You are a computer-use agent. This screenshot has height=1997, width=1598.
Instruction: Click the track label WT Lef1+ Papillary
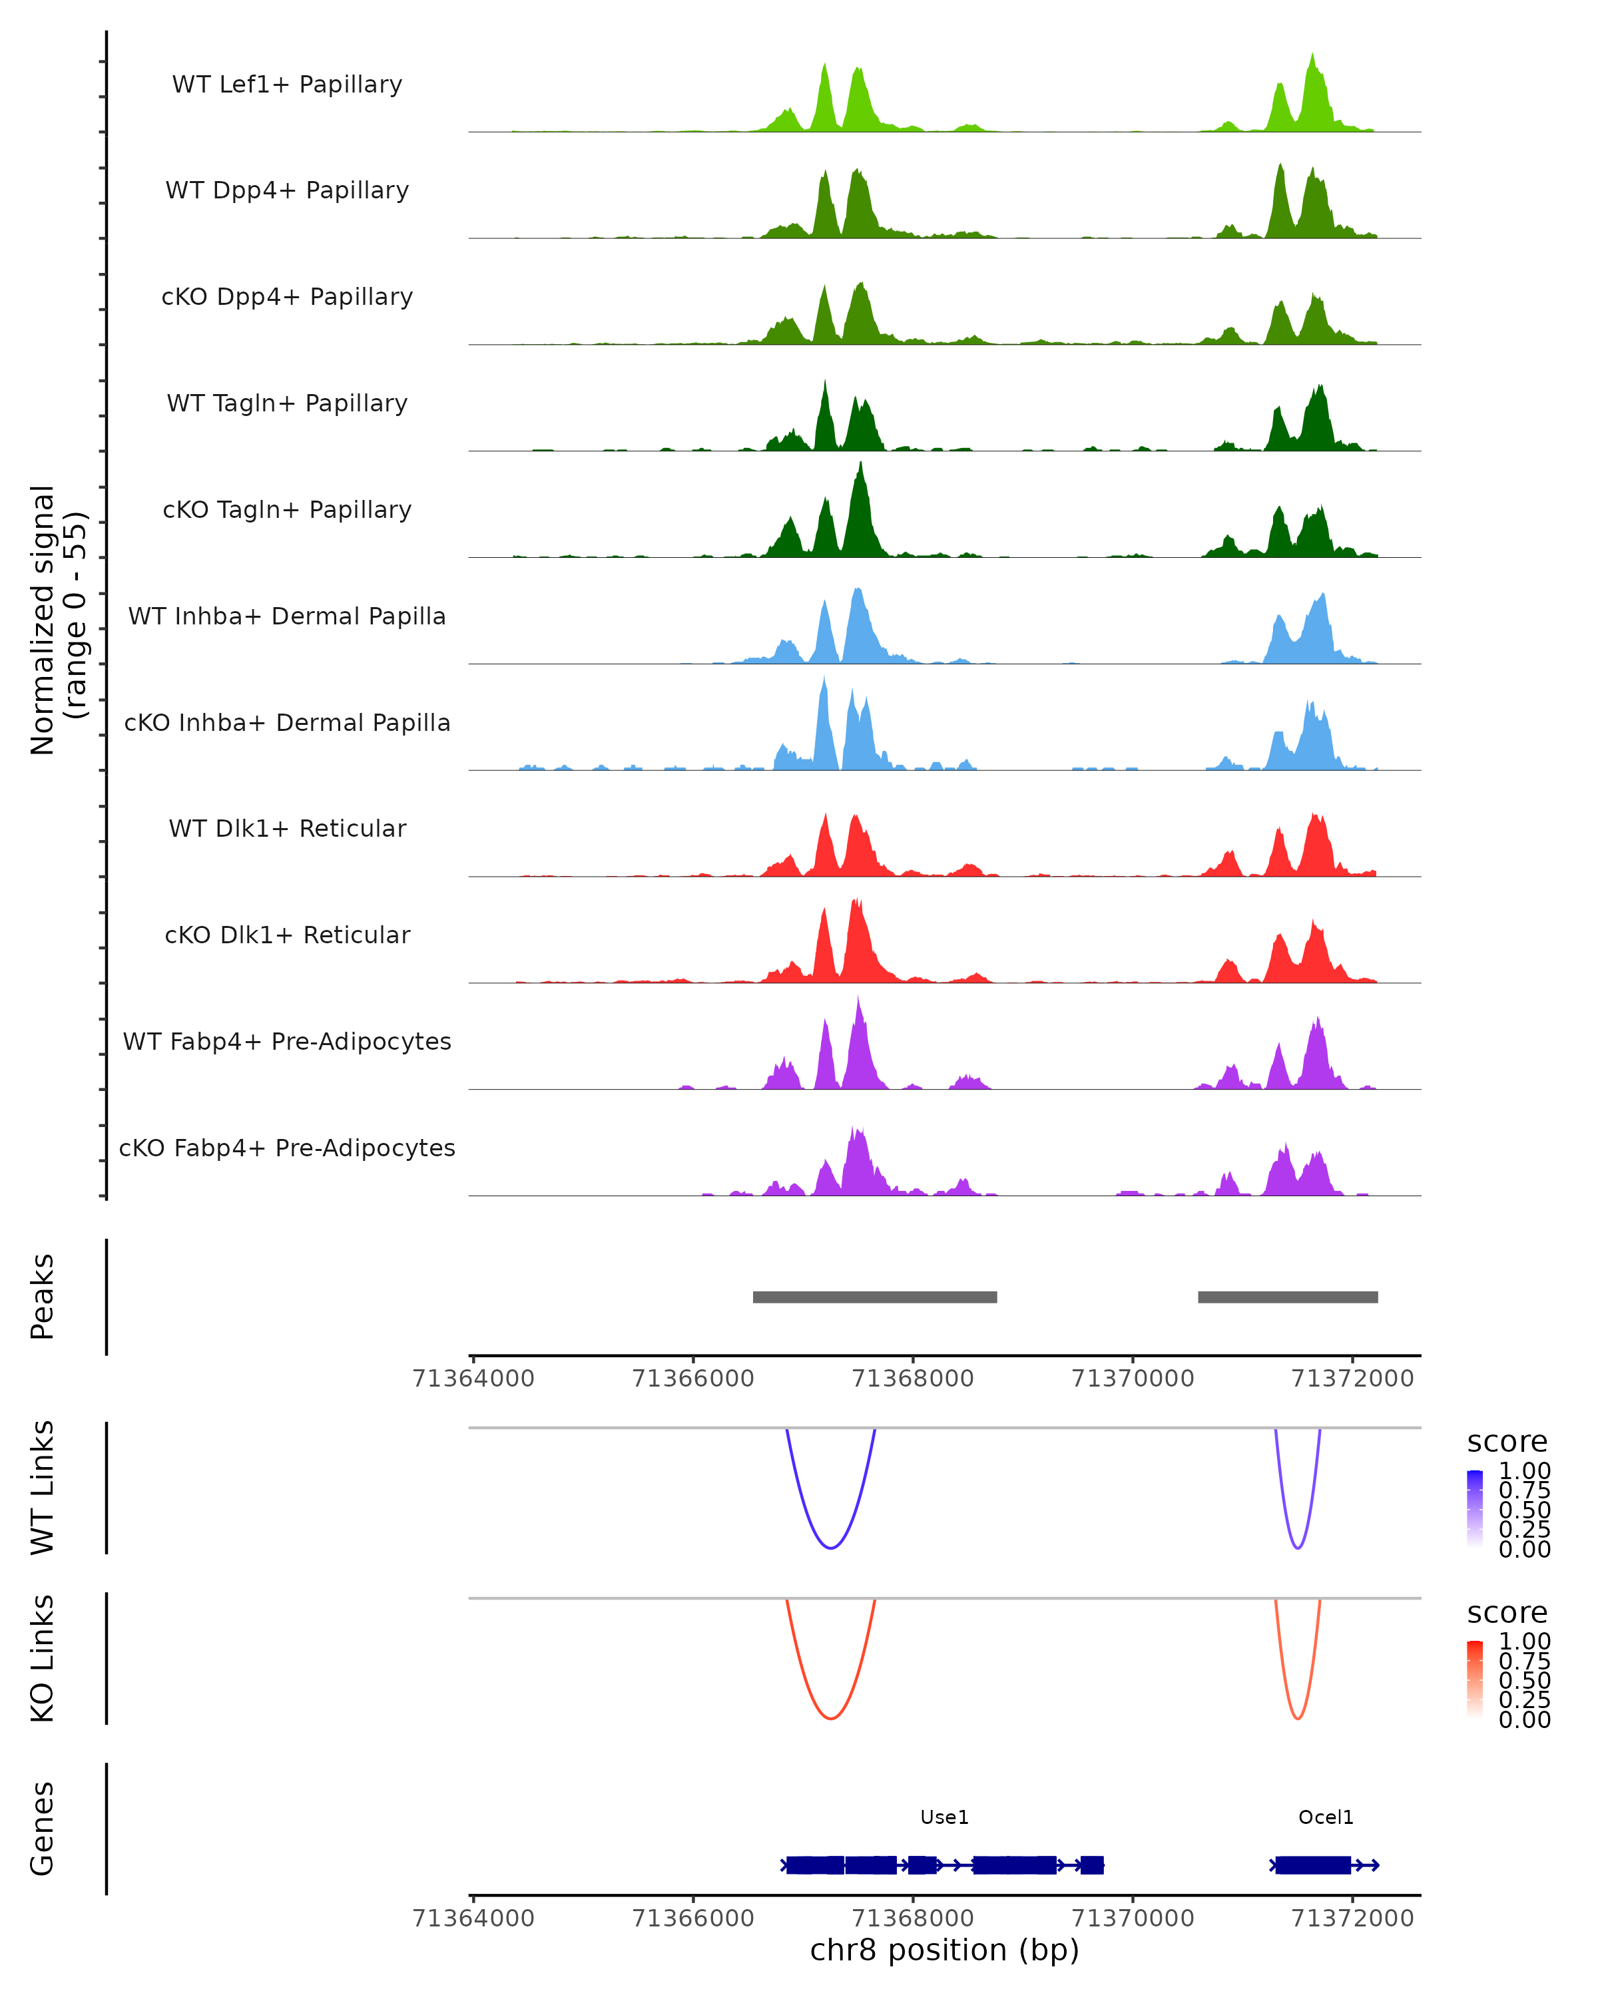pyautogui.click(x=287, y=85)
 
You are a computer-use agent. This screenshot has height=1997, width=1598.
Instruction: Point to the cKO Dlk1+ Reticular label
pyautogui.click(x=287, y=935)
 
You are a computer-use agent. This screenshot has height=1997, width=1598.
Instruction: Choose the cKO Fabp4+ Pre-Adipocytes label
pyautogui.click(x=287, y=1148)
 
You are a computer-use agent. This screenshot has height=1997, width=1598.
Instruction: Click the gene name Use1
pyautogui.click(x=944, y=1817)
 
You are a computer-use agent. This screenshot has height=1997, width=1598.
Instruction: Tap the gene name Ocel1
pyautogui.click(x=1326, y=1817)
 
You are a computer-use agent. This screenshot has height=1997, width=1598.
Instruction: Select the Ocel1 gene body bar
pyautogui.click(x=1312, y=1865)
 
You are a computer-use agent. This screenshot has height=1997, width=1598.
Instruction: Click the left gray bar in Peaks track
pyautogui.click(x=874, y=1297)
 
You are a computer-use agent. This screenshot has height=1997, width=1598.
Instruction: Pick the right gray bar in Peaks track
pyautogui.click(x=1288, y=1297)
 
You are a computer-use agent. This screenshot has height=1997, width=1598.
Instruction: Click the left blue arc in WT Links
pyautogui.click(x=831, y=1548)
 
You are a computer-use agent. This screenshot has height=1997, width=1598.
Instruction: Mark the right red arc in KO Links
pyautogui.click(x=1298, y=1718)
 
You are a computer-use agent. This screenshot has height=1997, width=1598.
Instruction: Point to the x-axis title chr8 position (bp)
pyautogui.click(x=944, y=1950)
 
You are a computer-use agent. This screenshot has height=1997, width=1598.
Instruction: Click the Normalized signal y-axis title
pyautogui.click(x=57, y=620)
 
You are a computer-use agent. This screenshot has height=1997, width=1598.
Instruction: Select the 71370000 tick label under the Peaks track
pyautogui.click(x=1132, y=1379)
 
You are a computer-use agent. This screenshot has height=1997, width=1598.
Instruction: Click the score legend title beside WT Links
pyautogui.click(x=1507, y=1441)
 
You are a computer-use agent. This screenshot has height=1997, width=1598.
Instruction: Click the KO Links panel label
pyautogui.click(x=43, y=1658)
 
